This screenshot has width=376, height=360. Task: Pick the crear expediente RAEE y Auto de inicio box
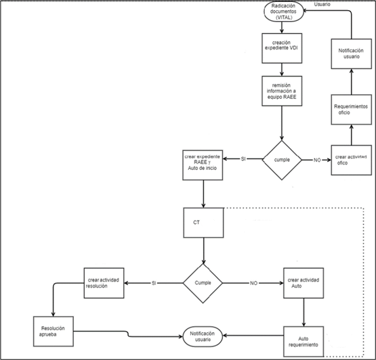(203, 162)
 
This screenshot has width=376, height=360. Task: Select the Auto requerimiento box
(304, 338)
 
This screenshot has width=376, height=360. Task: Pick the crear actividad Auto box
(304, 284)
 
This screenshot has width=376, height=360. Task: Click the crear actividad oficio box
(350, 160)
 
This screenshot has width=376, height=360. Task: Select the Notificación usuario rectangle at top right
(350, 55)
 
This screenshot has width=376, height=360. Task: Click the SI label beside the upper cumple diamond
(243, 159)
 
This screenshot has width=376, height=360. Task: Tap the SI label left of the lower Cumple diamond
(155, 283)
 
